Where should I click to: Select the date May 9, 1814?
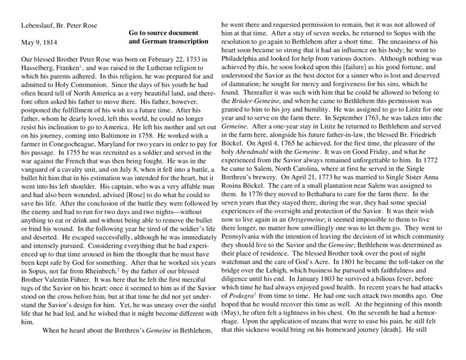point(40,43)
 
